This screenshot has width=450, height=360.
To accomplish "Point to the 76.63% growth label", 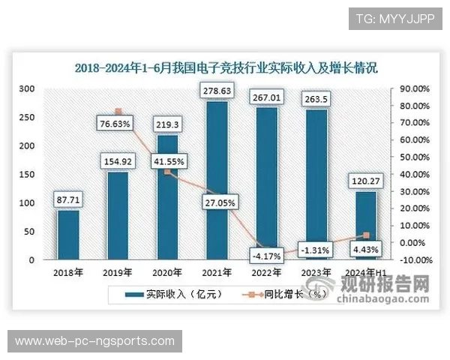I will (117, 123).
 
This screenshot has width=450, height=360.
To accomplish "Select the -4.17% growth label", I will (267, 256).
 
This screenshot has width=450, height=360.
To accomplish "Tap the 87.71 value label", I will (68, 199).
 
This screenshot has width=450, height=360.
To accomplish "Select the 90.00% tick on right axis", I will (414, 88).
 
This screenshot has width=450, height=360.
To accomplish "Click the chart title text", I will (226, 67).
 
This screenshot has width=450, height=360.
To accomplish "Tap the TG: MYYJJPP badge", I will (390, 18).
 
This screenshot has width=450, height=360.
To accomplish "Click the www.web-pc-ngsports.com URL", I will (94, 341).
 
